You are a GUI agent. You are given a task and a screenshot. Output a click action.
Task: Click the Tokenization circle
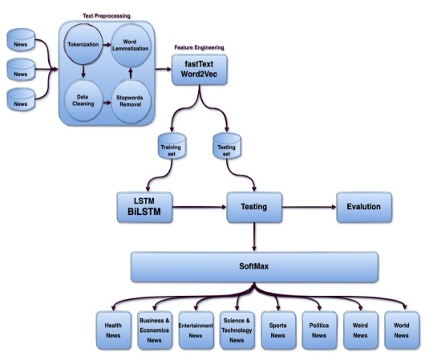pyautogui.click(x=83, y=44)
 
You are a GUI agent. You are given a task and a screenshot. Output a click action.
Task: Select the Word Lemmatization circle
pyautogui.click(x=130, y=46)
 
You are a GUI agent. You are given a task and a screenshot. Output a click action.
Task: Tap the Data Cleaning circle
pyautogui.click(x=83, y=100)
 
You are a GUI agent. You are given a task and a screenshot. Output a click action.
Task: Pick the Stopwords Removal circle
pyautogui.click(x=131, y=101)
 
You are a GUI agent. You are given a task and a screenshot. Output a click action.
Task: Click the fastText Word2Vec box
pyautogui.click(x=199, y=69)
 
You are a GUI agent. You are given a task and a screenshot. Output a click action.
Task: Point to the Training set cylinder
pyautogui.click(x=172, y=146)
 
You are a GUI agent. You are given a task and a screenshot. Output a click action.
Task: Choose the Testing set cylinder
pyautogui.click(x=227, y=146)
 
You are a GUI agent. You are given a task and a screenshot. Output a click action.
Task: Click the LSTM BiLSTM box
pyautogui.click(x=144, y=207)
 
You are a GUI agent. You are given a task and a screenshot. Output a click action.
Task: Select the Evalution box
pyautogui.click(x=364, y=207)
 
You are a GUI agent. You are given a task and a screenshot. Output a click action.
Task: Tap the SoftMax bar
pyautogui.click(x=254, y=267)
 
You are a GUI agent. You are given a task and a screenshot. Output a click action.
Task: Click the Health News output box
pyautogui.click(x=113, y=330)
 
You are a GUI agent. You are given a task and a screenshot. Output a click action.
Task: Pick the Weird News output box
pyautogui.click(x=360, y=330)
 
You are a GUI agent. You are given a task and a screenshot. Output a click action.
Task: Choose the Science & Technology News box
pyautogui.click(x=237, y=330)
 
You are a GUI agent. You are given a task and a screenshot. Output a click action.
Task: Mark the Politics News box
pyautogui.click(x=319, y=330)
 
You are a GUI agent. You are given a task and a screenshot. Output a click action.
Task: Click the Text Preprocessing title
pyautogui.click(x=107, y=16)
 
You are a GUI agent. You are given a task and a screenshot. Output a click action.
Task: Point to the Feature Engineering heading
pyautogui.click(x=199, y=47)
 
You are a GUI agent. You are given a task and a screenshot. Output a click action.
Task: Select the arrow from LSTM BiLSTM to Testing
pyautogui.click(x=200, y=207)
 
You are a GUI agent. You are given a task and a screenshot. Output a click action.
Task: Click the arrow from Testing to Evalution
pyautogui.click(x=310, y=207)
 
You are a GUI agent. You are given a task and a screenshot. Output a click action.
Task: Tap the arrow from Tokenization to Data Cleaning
pyautogui.click(x=83, y=71)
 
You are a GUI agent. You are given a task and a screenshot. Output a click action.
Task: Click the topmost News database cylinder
pyautogui.click(x=21, y=40)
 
